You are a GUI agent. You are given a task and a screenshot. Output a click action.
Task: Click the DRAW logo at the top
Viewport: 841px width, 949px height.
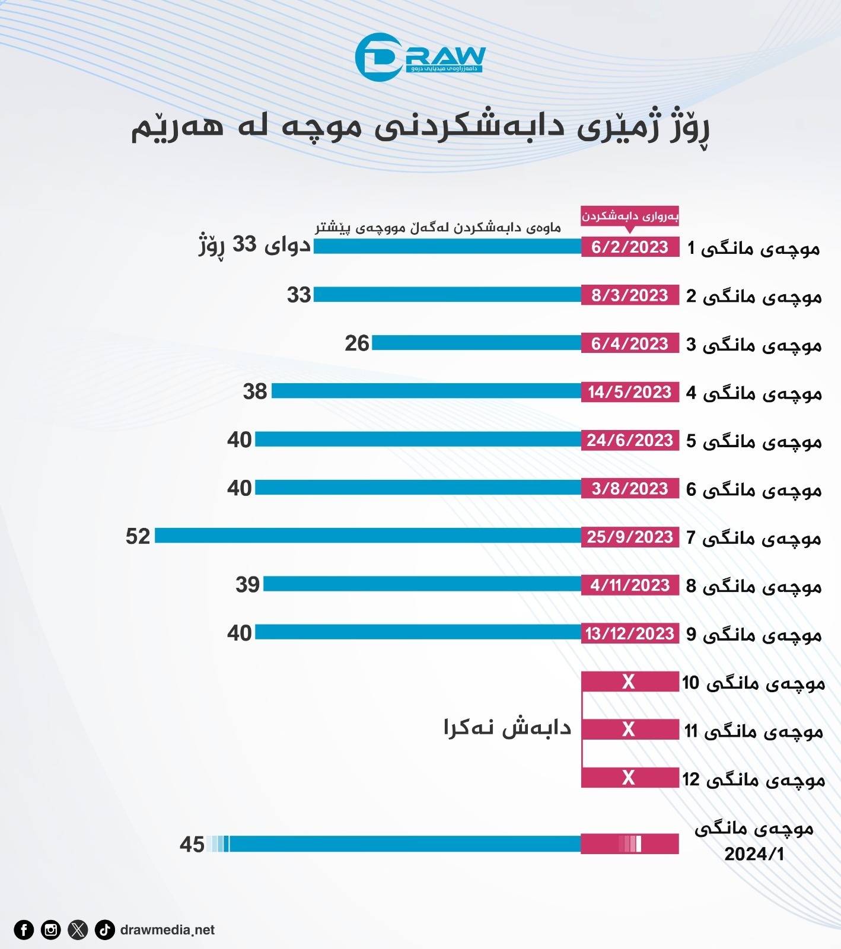coord(420,57)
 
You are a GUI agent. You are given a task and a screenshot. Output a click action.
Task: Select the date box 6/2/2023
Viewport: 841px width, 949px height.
coord(630,247)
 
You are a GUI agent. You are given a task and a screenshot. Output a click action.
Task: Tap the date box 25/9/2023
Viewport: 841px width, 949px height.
coord(630,537)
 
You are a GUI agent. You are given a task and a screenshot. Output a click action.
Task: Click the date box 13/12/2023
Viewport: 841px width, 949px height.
coord(630,633)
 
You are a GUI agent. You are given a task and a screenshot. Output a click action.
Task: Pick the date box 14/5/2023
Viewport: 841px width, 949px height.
coord(630,392)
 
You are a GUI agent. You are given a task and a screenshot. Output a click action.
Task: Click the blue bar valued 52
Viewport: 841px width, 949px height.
coord(368,536)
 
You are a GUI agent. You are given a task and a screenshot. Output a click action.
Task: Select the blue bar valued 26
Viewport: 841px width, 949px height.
coord(476,343)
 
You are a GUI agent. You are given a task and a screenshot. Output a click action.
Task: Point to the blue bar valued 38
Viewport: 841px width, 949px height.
coord(426,391)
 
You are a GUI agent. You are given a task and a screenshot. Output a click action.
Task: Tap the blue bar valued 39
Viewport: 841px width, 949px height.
coord(422,584)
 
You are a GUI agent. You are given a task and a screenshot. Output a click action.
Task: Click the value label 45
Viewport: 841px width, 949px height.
coord(192,845)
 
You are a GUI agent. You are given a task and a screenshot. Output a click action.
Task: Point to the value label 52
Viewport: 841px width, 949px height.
coord(138,536)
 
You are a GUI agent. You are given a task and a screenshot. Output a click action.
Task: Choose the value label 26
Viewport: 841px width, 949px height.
coord(357,343)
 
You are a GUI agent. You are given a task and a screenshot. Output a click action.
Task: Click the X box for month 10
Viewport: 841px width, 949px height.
coord(630,682)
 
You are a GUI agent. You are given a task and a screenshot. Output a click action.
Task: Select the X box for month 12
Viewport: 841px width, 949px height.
coord(630,778)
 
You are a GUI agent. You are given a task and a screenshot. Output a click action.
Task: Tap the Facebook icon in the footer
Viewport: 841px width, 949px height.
coord(24,929)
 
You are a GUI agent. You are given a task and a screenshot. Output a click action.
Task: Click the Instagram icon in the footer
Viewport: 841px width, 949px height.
coord(51,929)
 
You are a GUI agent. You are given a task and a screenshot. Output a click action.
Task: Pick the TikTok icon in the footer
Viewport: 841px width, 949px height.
coord(105,929)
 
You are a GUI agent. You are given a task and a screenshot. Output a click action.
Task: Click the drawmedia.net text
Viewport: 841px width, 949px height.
coord(167,930)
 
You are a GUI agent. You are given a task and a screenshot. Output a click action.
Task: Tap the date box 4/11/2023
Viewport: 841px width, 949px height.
coord(630,585)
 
